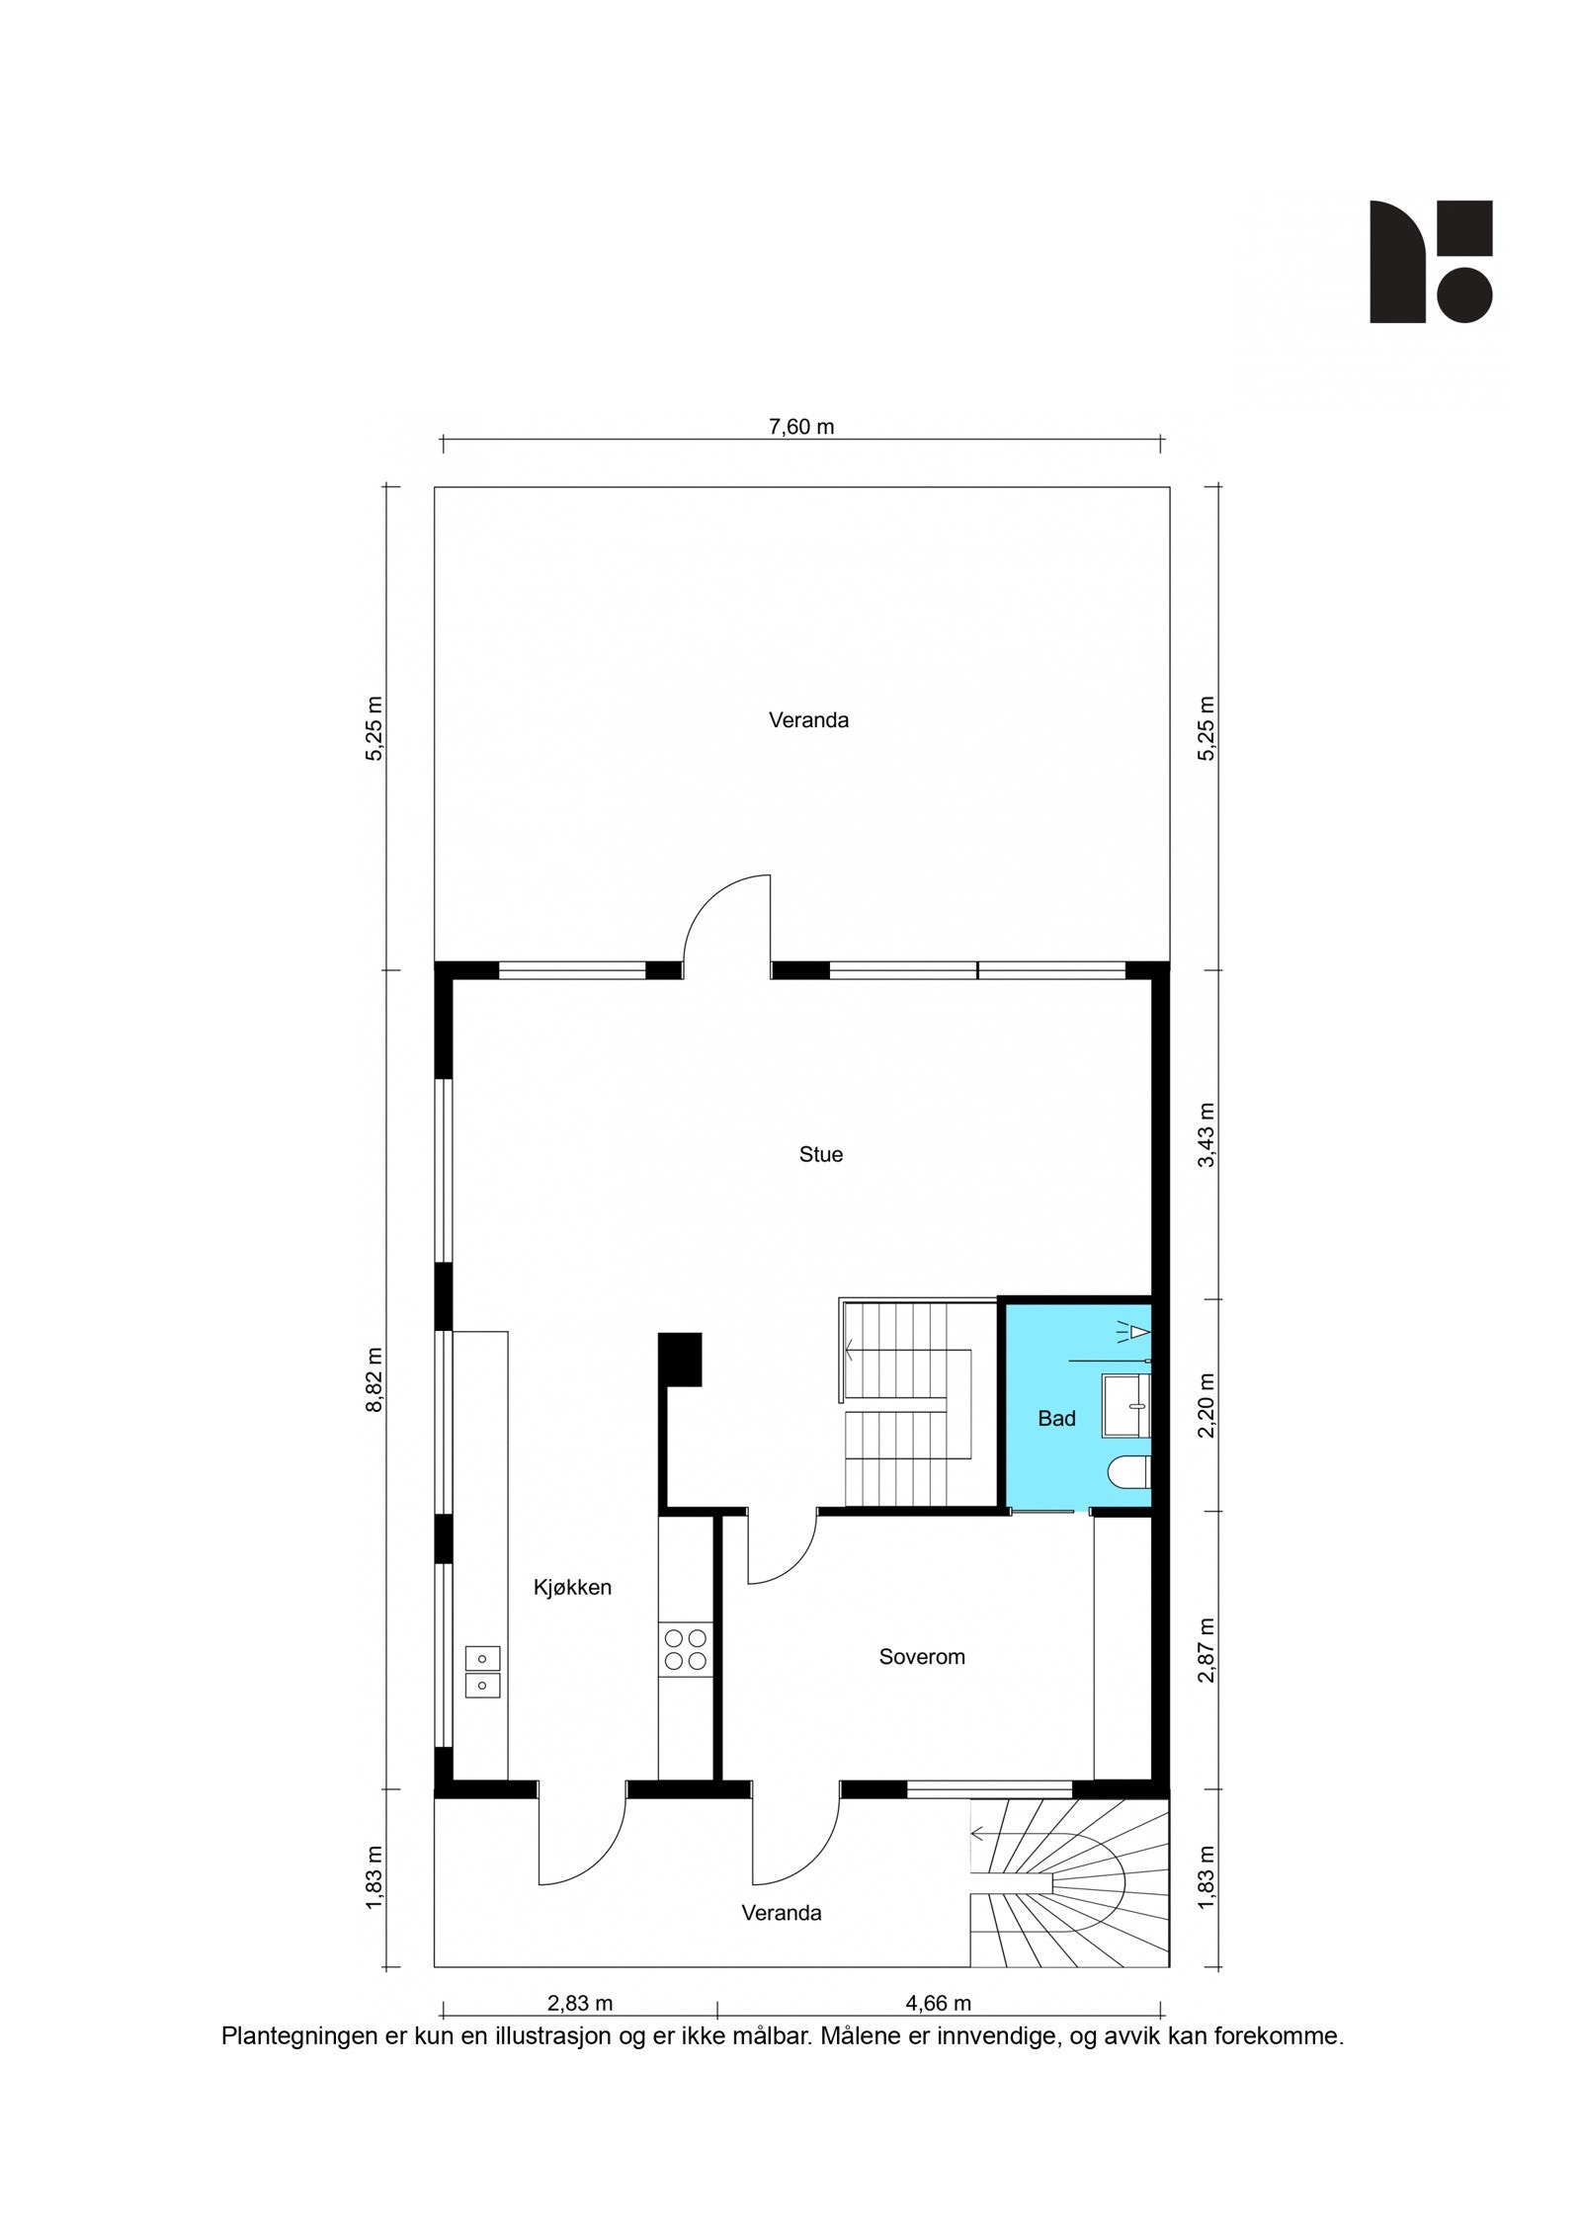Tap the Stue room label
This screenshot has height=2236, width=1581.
coord(820,1154)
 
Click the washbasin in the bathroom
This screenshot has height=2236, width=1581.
coord(1129,1402)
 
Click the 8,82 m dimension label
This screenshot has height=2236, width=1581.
coord(374,1380)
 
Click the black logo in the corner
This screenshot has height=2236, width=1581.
coord(1430,262)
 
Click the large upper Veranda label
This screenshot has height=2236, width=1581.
coord(808,720)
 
